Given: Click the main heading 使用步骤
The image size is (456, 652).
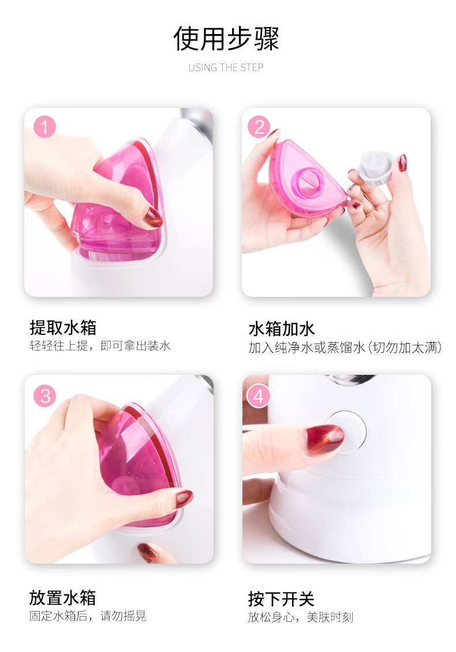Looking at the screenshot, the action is coord(226,39).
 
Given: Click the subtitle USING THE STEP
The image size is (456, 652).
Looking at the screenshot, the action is coord(226,68).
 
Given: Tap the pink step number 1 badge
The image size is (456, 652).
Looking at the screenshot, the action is coord(44,127).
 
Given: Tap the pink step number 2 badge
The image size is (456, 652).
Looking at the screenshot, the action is coord(259,127).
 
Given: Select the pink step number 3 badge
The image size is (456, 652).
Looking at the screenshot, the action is coord(45,396).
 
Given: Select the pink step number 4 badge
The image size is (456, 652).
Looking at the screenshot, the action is coord(259,396).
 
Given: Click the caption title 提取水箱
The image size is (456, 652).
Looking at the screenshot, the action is coord(63,327).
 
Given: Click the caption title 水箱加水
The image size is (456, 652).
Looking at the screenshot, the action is coord(282,329).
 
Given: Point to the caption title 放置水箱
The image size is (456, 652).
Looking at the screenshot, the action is coord(62,598).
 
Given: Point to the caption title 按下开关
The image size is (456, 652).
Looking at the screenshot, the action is coord(281,599).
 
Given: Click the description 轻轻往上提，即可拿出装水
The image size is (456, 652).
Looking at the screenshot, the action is coord(100,346).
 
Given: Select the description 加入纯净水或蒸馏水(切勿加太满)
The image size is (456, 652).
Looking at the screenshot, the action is coord(345,347).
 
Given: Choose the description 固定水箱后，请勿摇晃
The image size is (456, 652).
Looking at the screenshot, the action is coord(88,616).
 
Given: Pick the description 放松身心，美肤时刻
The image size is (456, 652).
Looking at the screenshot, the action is coord(301,617).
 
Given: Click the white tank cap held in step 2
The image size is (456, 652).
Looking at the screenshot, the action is coord(376,167).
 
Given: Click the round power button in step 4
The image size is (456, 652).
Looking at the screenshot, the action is coord(346,431).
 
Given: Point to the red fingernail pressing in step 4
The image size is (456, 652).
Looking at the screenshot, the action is coord(324,439).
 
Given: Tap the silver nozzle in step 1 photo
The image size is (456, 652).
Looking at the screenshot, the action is coord(196,122).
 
